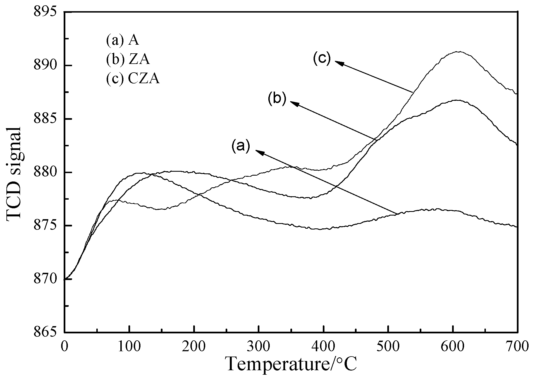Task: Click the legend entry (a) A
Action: (x=122, y=40)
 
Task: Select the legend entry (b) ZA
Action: (x=128, y=60)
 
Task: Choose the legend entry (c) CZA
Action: (x=133, y=79)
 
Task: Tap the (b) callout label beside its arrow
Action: (x=277, y=99)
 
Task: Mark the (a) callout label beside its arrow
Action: (x=240, y=146)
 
